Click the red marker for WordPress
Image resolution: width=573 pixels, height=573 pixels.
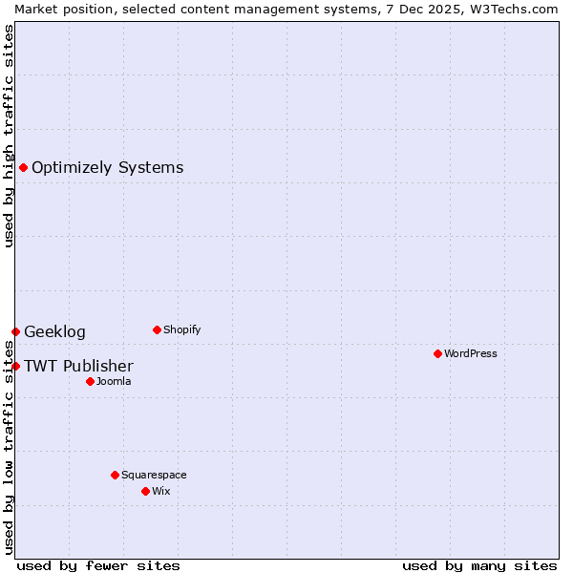[437, 353]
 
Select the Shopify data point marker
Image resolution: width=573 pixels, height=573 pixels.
[157, 329]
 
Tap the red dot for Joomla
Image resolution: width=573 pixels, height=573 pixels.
[90, 381]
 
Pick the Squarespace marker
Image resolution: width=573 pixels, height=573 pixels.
[115, 475]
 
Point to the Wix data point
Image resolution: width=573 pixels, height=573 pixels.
[145, 491]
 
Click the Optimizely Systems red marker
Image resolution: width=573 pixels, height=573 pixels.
[23, 168]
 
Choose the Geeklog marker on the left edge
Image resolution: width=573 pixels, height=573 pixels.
[15, 331]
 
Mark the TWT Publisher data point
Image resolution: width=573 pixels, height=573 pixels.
[15, 366]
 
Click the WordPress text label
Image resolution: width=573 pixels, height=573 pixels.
[471, 353]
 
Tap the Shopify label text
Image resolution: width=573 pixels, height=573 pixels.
[182, 329]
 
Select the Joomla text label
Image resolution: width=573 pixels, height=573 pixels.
[114, 381]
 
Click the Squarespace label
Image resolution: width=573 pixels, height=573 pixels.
[154, 475]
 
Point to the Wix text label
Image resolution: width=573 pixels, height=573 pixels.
[161, 491]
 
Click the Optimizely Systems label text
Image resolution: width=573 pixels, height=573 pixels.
[107, 168]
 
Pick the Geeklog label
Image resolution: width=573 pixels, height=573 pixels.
[54, 332]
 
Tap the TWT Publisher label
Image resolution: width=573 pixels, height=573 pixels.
[78, 367]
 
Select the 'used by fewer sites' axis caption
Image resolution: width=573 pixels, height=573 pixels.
[98, 565]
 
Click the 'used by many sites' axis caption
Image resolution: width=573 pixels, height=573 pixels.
[479, 565]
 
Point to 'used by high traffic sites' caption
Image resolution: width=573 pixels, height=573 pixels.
[10, 136]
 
